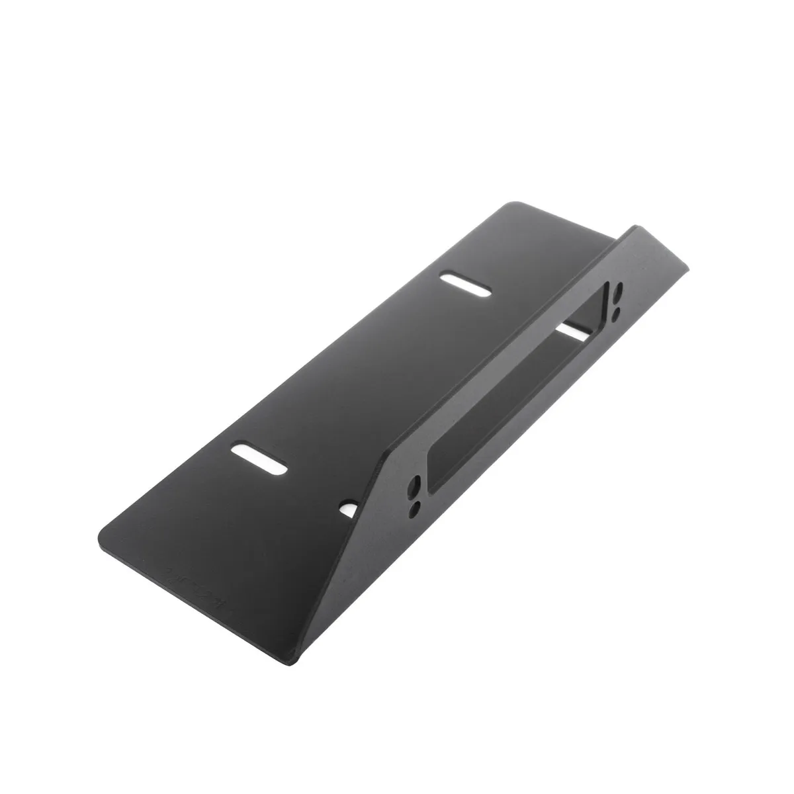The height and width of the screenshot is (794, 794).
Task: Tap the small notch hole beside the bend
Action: (347, 507)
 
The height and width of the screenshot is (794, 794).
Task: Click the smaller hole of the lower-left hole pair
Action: (414, 509)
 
